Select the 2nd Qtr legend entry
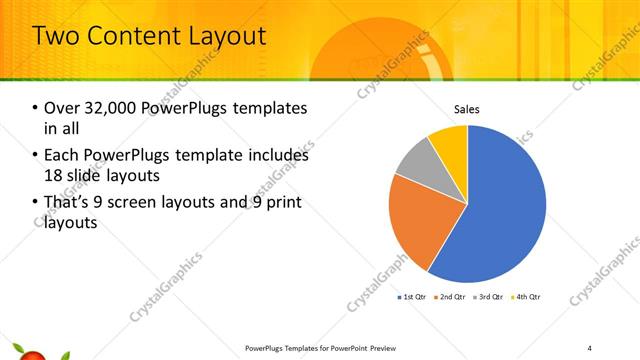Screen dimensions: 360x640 pyautogui.click(x=450, y=297)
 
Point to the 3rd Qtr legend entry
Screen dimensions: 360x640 pyautogui.click(x=488, y=297)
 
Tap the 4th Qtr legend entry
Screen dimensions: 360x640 pyautogui.click(x=525, y=297)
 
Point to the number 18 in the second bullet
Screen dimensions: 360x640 pyautogui.click(x=55, y=176)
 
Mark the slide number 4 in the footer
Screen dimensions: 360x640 pyautogui.click(x=590, y=348)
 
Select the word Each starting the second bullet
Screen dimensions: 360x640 pyautogui.click(x=63, y=156)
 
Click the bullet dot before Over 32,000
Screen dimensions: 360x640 pyautogui.click(x=36, y=108)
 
